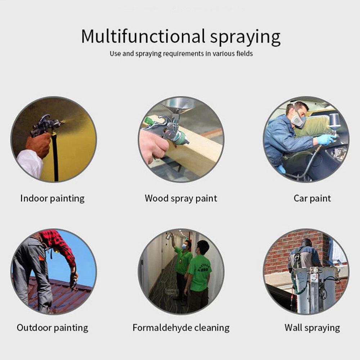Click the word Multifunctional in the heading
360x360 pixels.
tap(143, 36)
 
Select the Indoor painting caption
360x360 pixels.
tap(52, 199)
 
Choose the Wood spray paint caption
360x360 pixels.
tap(181, 199)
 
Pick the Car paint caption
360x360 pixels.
tap(312, 198)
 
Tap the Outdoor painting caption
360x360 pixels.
tap(52, 328)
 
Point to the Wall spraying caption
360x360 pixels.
tap(312, 328)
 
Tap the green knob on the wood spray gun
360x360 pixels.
tap(149, 121)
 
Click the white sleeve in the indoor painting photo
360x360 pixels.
tap(30, 163)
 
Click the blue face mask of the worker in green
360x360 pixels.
tap(184, 247)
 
